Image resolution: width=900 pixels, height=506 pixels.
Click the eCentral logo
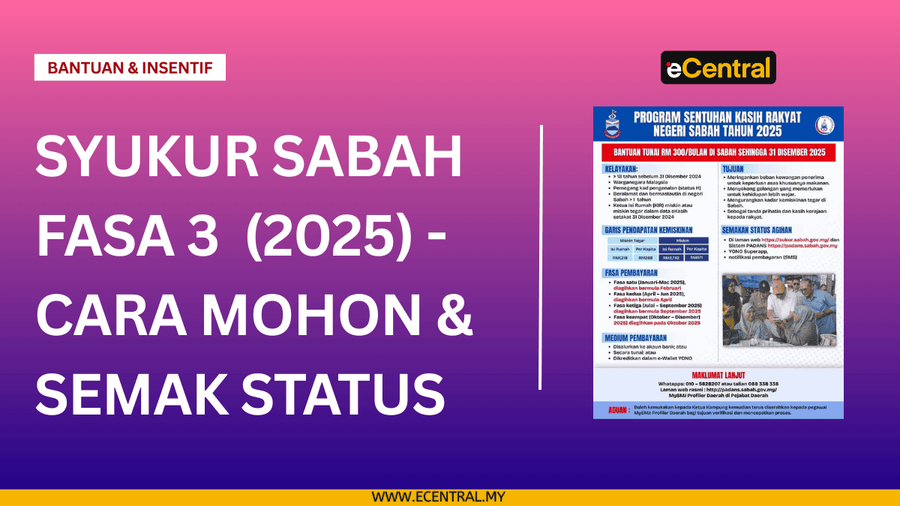(718, 67)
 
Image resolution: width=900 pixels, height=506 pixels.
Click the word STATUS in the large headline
(341, 392)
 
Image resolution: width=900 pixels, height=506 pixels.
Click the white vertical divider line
(540, 259)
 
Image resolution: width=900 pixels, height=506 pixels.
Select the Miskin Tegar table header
(632, 241)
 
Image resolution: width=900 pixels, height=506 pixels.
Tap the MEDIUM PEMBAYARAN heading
(636, 338)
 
